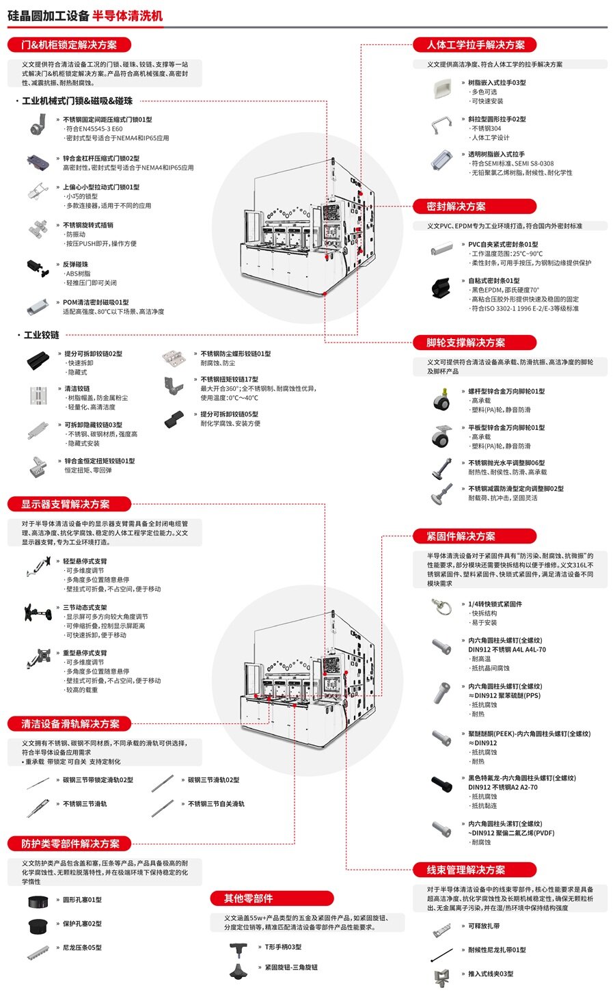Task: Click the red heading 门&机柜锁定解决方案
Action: tap(68, 45)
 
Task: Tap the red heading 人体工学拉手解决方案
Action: tap(476, 45)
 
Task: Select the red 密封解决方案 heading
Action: tap(456, 206)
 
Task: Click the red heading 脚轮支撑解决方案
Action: tap(465, 343)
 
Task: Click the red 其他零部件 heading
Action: tap(248, 898)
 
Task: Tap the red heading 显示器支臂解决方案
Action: tap(65, 504)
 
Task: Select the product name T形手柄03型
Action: tap(283, 947)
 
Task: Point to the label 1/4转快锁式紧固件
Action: tap(495, 604)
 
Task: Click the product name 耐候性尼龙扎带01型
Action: tap(497, 950)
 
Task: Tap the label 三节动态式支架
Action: tap(85, 607)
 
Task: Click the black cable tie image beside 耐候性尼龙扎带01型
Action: tap(441, 953)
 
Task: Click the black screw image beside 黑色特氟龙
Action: tap(441, 784)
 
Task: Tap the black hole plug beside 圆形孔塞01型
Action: tap(37, 901)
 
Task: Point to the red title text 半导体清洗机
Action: tap(128, 15)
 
